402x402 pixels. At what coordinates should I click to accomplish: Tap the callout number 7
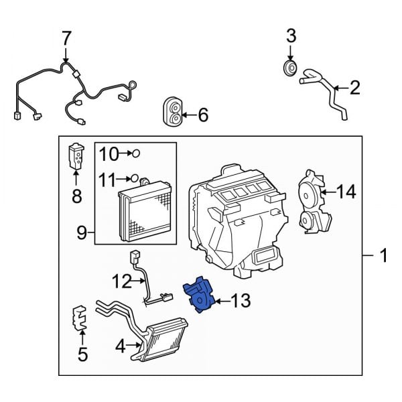point(66,39)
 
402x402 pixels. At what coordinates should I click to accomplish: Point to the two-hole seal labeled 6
point(174,113)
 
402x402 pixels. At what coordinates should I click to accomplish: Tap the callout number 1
point(383,256)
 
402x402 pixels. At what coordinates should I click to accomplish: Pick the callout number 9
point(81,233)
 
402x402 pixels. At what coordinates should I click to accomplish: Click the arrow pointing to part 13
point(219,301)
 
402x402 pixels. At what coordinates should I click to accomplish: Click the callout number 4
point(120,346)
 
